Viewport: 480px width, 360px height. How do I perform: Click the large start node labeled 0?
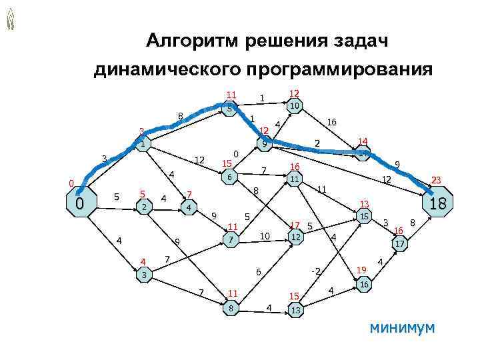pyautogui.click(x=79, y=203)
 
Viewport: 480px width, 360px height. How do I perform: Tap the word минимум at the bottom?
pyautogui.click(x=401, y=327)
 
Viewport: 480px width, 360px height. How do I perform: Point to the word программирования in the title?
pyautogui.click(x=339, y=69)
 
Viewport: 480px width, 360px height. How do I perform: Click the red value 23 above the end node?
pyautogui.click(x=437, y=180)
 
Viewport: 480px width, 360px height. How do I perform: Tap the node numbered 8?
pyautogui.click(x=231, y=308)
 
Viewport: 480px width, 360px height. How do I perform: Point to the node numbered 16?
pyautogui.click(x=364, y=284)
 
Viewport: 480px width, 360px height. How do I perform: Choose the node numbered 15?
pyautogui.click(x=363, y=217)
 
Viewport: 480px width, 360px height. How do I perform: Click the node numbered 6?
pyautogui.click(x=229, y=178)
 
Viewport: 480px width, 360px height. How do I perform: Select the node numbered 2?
pyautogui.click(x=144, y=207)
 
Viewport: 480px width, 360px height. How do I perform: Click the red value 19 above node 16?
pyautogui.click(x=361, y=269)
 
